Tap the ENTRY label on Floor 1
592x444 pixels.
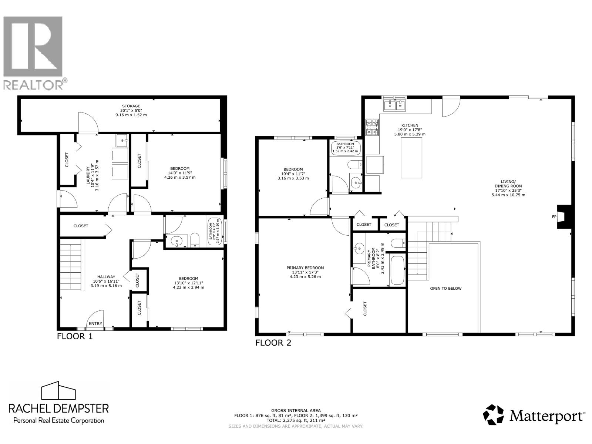click(95, 323)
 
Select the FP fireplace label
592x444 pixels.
click(554, 216)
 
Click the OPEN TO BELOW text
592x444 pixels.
click(445, 288)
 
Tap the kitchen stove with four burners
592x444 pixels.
click(372, 127)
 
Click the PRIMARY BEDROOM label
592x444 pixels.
click(305, 268)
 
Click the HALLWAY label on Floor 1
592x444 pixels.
click(106, 277)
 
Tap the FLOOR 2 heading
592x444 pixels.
click(273, 343)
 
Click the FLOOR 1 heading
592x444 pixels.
click(74, 336)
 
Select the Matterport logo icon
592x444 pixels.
click(494, 415)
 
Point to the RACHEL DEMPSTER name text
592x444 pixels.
click(59, 408)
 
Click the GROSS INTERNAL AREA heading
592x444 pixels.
click(296, 410)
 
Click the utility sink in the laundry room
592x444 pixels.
click(122, 140)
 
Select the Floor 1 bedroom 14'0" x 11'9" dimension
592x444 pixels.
click(180, 173)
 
